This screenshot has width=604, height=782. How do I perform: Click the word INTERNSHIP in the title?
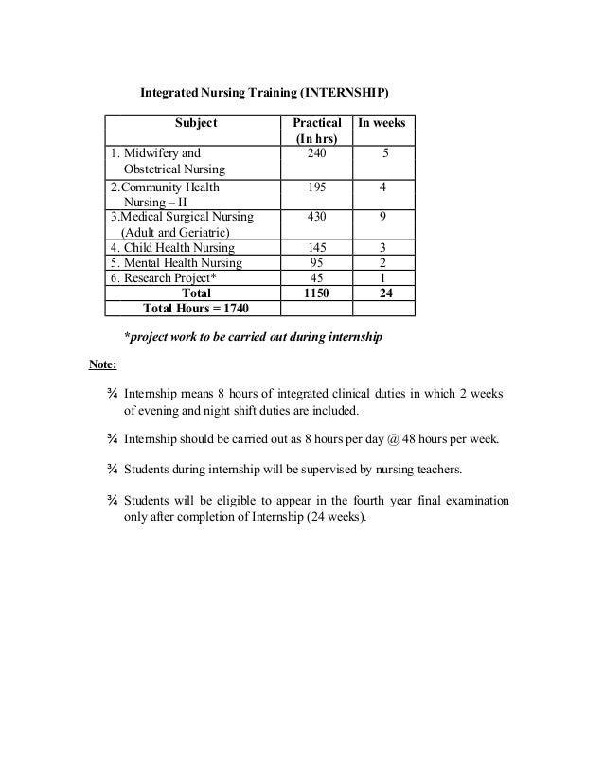pyautogui.click(x=343, y=96)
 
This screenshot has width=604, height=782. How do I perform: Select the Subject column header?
pyautogui.click(x=196, y=123)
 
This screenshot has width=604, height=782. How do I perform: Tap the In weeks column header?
pyautogui.click(x=382, y=123)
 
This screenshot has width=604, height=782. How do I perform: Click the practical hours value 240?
pyautogui.click(x=316, y=151)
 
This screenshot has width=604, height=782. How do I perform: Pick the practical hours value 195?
pyautogui.click(x=316, y=187)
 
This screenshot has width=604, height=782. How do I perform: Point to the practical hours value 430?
pyautogui.click(x=316, y=216)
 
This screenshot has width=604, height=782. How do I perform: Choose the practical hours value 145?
pyautogui.click(x=316, y=248)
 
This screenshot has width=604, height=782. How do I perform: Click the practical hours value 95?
pyautogui.click(x=316, y=263)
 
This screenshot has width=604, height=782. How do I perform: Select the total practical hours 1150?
pyautogui.click(x=316, y=293)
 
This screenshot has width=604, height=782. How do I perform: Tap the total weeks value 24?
pyautogui.click(x=382, y=293)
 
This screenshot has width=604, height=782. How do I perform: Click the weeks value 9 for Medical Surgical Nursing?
pyautogui.click(x=382, y=216)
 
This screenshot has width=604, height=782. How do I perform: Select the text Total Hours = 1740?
pyautogui.click(x=196, y=309)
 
